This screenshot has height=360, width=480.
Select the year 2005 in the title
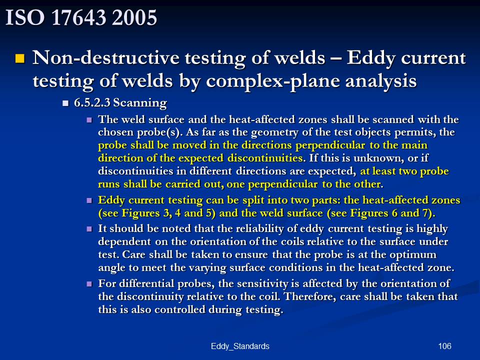[134, 17]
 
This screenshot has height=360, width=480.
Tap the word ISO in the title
[25, 17]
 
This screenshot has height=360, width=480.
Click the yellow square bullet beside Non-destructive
[20, 58]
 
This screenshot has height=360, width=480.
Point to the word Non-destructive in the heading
[106, 57]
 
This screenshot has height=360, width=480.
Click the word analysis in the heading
[381, 81]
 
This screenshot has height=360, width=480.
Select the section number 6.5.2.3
[92, 102]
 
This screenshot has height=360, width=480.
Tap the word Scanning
[140, 103]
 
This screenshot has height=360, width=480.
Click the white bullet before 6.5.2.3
[65, 103]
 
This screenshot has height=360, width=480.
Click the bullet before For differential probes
[89, 284]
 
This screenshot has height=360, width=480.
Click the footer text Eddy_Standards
[240, 346]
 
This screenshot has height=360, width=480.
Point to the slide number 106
[444, 346]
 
